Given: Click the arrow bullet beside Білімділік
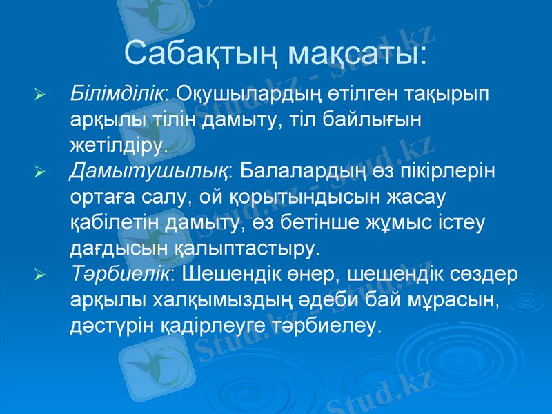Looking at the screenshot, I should click(x=40, y=95).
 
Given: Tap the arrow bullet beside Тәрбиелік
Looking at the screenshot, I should click(x=40, y=275).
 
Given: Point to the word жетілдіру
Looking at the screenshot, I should click(x=117, y=145).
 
